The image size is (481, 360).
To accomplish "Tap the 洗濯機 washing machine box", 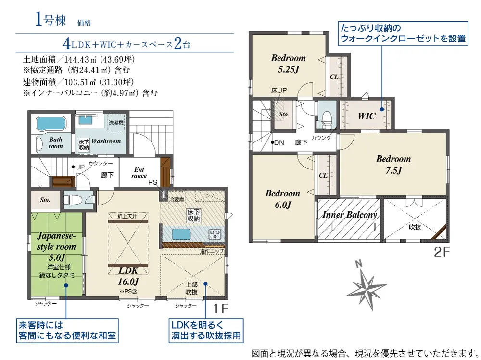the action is (116, 123).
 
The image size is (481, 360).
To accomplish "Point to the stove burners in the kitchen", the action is (215, 234).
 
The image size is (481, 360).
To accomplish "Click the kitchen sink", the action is (181, 234).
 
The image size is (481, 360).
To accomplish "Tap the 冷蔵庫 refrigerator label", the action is (177, 200).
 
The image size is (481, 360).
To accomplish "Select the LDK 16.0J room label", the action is (128, 276).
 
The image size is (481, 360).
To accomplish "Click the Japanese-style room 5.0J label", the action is (56, 246).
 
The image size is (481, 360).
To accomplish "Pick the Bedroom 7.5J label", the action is (393, 164).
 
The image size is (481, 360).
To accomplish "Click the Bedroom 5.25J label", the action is (288, 64).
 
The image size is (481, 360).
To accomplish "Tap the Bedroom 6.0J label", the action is (282, 199).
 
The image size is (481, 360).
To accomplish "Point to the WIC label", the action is (367, 116).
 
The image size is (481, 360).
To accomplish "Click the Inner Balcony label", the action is (349, 214).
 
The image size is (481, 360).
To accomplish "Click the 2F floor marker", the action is (442, 252).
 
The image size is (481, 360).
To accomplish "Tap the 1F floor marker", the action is (221, 309).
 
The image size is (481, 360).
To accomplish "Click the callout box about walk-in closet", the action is (403, 34).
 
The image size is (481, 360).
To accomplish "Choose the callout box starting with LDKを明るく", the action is (206, 331).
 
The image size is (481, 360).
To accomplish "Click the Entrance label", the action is (139, 172).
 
